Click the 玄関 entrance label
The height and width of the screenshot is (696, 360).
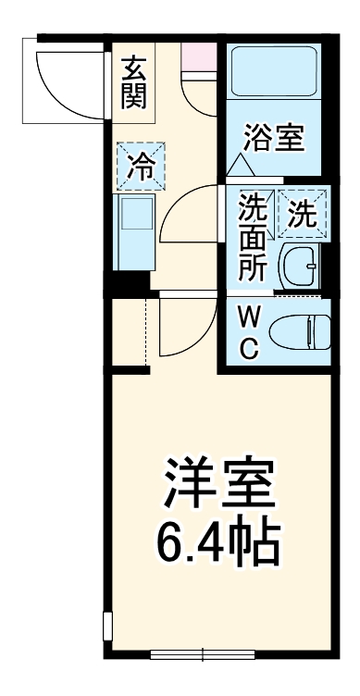click(x=135, y=83)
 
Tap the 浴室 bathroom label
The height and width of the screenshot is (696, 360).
click(x=274, y=141)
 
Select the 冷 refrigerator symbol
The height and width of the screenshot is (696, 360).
click(x=141, y=168)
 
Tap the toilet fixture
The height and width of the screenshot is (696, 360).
click(x=305, y=330)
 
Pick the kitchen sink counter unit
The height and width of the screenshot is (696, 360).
click(x=135, y=230)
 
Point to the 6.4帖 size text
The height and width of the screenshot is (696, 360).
click(x=219, y=545)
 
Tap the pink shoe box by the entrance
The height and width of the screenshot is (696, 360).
click(x=197, y=55)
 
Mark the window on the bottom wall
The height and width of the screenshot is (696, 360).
click(x=202, y=654)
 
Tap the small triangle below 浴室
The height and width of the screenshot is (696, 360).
click(x=240, y=166)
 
